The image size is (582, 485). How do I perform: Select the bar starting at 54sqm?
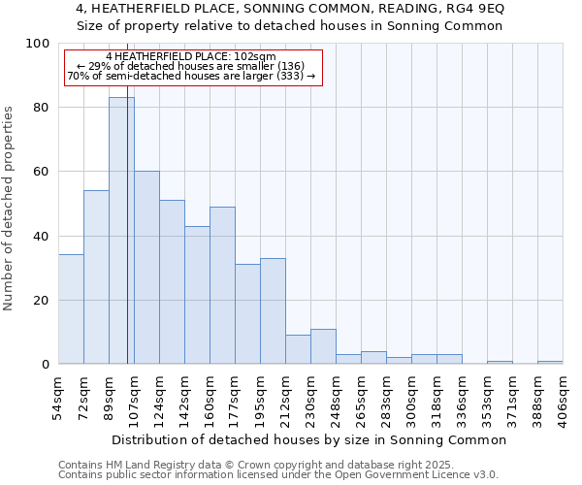click(71, 308)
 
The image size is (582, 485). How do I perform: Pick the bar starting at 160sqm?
click(222, 285)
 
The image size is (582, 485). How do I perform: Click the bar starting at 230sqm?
click(323, 346)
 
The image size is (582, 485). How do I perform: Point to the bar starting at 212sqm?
click(298, 349)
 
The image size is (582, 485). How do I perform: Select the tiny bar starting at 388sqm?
click(550, 362)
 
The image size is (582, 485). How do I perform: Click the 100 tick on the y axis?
click(38, 44)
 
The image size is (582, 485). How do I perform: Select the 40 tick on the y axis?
click(42, 236)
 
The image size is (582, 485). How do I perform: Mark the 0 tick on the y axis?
click(46, 365)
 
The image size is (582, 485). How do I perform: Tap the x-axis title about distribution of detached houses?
click(315, 439)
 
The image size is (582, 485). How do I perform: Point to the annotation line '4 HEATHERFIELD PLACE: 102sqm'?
click(191, 57)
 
